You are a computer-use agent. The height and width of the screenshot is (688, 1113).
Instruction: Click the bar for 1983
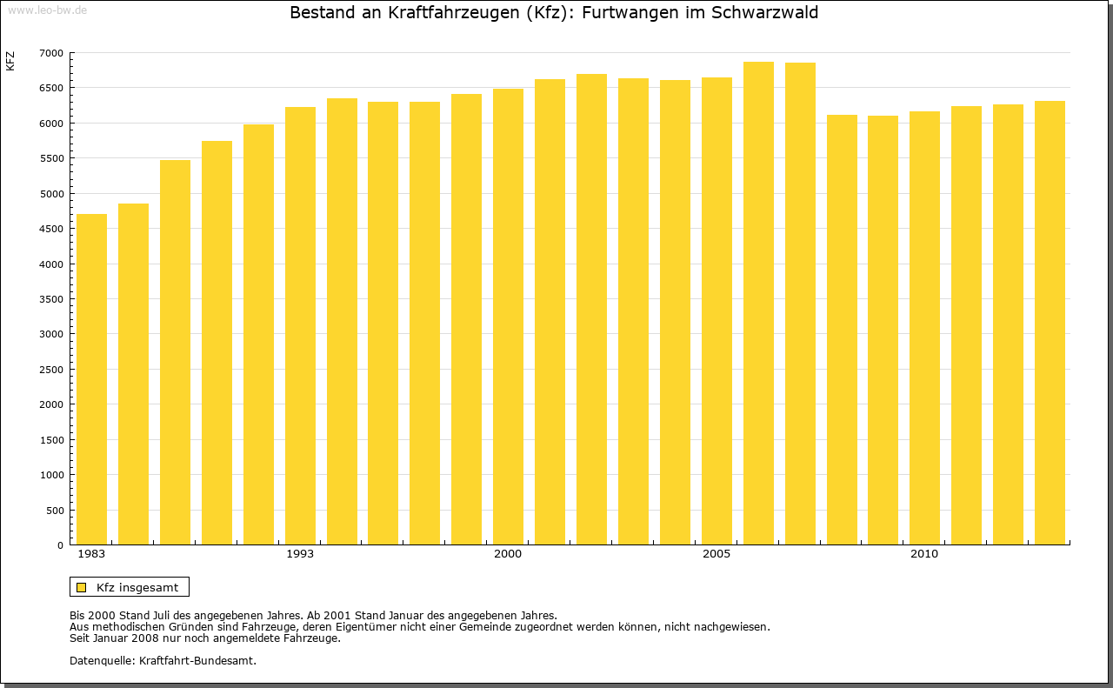click(x=91, y=379)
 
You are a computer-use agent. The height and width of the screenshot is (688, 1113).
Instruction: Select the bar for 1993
click(x=300, y=326)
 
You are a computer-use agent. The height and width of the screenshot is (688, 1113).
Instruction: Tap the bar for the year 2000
click(x=508, y=317)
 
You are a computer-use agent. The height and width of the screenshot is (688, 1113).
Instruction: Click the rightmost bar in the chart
click(x=1050, y=323)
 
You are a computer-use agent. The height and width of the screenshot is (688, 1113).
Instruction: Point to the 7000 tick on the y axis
click(x=51, y=53)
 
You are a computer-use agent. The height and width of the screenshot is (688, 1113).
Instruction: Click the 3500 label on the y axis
click(x=51, y=299)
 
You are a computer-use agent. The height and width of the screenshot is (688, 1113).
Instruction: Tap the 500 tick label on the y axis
click(x=55, y=511)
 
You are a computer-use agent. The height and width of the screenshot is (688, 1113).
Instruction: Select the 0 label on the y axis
click(x=60, y=545)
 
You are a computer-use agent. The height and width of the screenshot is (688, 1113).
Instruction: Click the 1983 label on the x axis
click(x=91, y=554)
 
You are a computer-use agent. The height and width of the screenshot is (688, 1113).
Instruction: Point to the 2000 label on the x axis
click(x=508, y=554)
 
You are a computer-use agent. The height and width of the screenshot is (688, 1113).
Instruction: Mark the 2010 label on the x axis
click(x=924, y=554)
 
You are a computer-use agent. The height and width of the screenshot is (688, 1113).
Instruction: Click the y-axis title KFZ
click(x=10, y=61)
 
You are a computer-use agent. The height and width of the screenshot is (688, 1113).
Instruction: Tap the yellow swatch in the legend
click(x=81, y=587)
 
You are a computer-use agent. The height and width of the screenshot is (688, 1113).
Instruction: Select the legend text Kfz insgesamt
click(x=137, y=587)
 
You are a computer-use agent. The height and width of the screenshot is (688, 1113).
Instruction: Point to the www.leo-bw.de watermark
click(x=46, y=9)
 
